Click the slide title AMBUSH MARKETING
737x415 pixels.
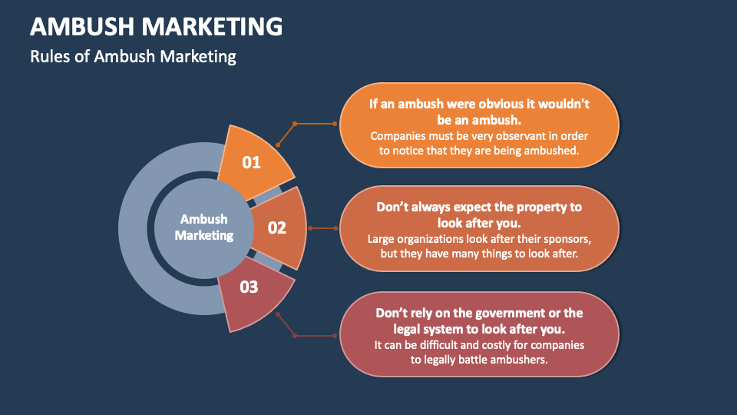(x=156, y=27)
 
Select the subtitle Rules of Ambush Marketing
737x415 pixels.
(x=133, y=57)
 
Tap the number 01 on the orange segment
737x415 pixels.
(x=251, y=162)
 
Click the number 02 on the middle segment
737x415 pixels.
(x=276, y=228)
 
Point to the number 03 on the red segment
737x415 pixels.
(x=249, y=287)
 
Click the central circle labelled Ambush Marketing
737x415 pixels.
(x=203, y=227)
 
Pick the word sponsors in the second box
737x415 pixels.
(x=564, y=238)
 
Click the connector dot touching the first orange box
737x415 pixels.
(x=335, y=123)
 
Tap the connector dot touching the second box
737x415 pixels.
(x=335, y=228)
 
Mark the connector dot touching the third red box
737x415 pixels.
(x=335, y=336)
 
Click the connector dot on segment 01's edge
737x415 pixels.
(x=278, y=144)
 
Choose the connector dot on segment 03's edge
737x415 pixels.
(x=278, y=314)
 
